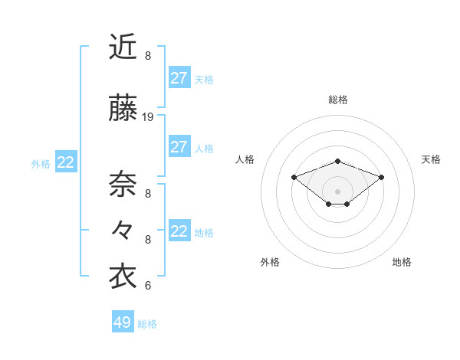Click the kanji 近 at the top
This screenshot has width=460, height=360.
click(123, 47)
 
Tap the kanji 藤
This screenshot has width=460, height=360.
click(123, 108)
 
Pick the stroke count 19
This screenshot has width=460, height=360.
click(148, 117)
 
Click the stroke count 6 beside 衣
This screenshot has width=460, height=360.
click(148, 286)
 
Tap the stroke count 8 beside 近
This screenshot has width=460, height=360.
click(148, 56)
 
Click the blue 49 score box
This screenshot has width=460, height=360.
click(123, 322)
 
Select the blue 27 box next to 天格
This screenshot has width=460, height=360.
click(179, 78)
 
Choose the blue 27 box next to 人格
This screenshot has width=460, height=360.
click(179, 147)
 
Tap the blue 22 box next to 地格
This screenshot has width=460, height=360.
click(179, 231)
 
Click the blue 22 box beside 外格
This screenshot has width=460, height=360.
click(65, 162)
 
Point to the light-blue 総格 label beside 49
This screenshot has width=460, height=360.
click(147, 324)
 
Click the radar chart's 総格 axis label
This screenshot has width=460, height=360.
click(337, 100)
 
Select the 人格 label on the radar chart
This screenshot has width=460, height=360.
click(245, 159)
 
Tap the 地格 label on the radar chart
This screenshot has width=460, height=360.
click(402, 262)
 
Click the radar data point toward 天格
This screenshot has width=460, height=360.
click(381, 177)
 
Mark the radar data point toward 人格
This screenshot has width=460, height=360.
click(294, 177)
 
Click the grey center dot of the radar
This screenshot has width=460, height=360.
click(337, 191)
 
